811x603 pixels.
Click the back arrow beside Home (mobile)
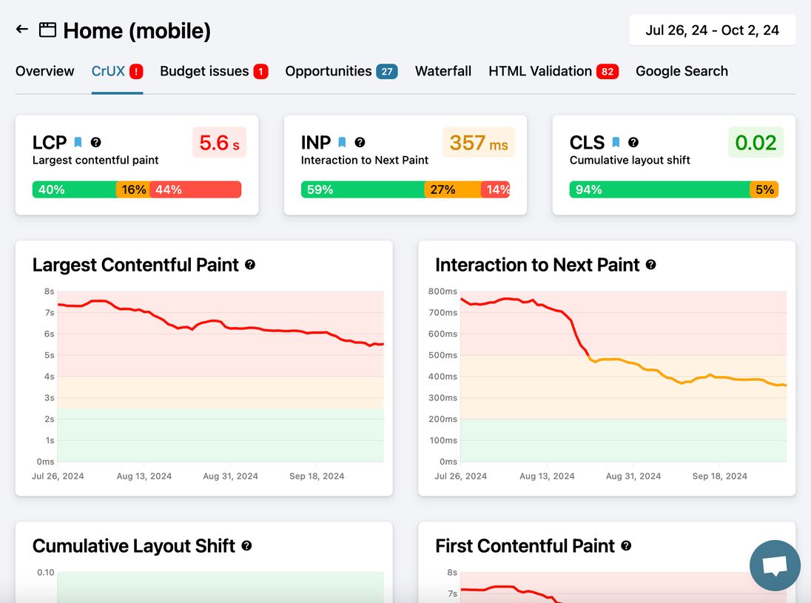pos(22,30)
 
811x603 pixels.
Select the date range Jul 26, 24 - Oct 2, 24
pos(712,30)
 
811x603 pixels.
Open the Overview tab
pos(45,71)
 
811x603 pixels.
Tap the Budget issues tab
pos(204,71)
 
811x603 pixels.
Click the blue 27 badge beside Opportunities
pos(386,72)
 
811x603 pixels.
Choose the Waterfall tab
pos(443,71)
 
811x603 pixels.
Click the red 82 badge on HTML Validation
pos(608,72)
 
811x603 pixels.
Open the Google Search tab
pos(682,71)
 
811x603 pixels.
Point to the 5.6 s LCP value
pos(219,142)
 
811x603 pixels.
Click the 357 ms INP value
pos(478,142)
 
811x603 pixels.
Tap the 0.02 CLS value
pos(756,142)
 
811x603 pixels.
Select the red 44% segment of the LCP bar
pos(196,189)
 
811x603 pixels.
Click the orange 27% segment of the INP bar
pos(452,189)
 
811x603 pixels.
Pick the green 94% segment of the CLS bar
pos(659,189)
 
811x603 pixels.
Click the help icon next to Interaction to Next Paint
pos(650,265)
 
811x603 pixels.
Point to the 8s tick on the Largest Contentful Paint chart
pos(50,292)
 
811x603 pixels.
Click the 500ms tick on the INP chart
pos(443,355)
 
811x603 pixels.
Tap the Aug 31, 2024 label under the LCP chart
pos(230,476)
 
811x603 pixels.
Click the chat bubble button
pos(775,566)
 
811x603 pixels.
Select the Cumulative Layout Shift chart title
pos(134,546)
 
